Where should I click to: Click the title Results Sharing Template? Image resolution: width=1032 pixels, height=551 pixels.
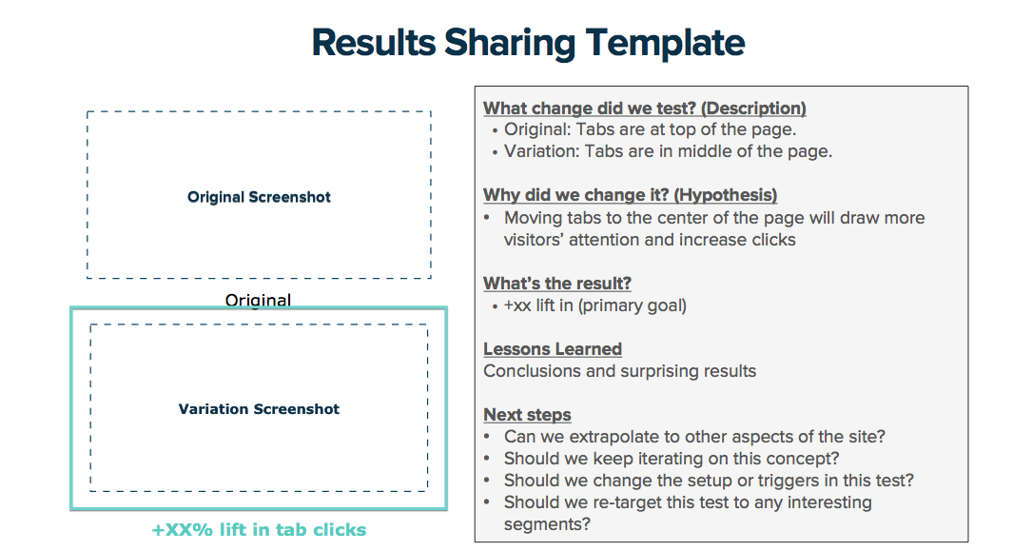[x=528, y=44]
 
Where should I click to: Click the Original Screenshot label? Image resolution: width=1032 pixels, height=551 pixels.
[x=259, y=197]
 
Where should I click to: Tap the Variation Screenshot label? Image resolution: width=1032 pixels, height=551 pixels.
[x=259, y=409]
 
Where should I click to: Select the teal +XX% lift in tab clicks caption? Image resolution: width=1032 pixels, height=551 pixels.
[x=259, y=529]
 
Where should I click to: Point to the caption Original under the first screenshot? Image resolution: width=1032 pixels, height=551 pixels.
[x=258, y=300]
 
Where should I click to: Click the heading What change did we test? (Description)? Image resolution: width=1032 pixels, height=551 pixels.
[x=644, y=108]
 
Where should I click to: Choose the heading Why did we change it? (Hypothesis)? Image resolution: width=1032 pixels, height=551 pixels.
[x=630, y=195]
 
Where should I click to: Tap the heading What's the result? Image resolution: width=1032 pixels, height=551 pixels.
[x=556, y=283]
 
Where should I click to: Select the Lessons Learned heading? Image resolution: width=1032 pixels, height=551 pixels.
[x=553, y=349]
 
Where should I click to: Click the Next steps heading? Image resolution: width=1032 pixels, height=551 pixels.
[x=527, y=415]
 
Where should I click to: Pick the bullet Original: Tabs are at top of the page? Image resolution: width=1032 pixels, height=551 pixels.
[x=651, y=129]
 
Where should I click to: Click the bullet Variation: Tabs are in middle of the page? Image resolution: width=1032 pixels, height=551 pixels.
[x=668, y=151]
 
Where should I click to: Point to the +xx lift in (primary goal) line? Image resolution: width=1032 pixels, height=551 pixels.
[x=595, y=305]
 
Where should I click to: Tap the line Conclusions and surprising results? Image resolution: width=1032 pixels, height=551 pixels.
[x=619, y=371]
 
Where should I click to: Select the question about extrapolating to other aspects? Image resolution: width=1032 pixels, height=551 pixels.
[x=694, y=437]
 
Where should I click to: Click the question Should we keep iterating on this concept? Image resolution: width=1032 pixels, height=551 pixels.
[x=672, y=458]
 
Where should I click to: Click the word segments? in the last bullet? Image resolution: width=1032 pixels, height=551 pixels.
[x=547, y=524]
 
